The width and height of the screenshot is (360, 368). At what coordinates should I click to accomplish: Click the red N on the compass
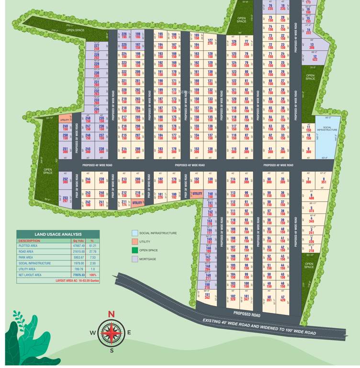pyautogui.click(x=112, y=314)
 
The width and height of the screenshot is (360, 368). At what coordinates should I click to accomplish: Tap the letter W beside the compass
pyautogui.click(x=92, y=333)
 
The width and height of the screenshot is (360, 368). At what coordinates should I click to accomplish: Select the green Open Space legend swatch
pyautogui.click(x=135, y=250)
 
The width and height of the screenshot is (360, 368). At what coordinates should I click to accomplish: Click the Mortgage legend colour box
pyautogui.click(x=135, y=259)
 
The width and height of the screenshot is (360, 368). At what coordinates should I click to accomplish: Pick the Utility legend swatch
pyautogui.click(x=135, y=241)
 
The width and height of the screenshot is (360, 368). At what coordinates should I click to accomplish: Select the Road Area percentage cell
pyautogui.click(x=92, y=251)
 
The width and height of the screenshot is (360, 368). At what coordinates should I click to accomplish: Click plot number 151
pyautogui.click(x=207, y=296)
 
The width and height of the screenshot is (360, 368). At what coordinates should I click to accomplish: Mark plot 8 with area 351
pyautogui.click(x=323, y=180)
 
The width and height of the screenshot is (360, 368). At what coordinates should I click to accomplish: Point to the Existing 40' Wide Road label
pyautogui.click(x=259, y=326)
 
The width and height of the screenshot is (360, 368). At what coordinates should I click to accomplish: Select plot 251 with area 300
pyautogui.click(x=65, y=150)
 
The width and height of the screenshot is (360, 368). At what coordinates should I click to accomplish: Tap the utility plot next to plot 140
pyautogui.click(x=197, y=193)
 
